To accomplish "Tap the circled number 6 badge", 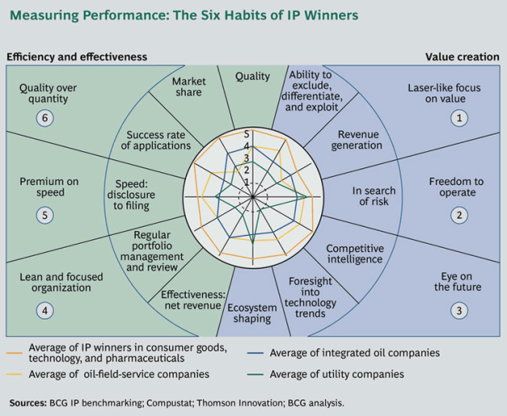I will click(x=44, y=118).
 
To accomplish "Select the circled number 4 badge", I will click(x=44, y=311).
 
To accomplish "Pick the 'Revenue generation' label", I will click(x=359, y=140).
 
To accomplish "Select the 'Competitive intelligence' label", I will click(x=355, y=254).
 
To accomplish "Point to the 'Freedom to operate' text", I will click(x=456, y=187).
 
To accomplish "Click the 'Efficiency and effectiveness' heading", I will click(x=78, y=57).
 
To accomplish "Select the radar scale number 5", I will click(x=247, y=134).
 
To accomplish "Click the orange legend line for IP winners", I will click(x=14, y=352).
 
